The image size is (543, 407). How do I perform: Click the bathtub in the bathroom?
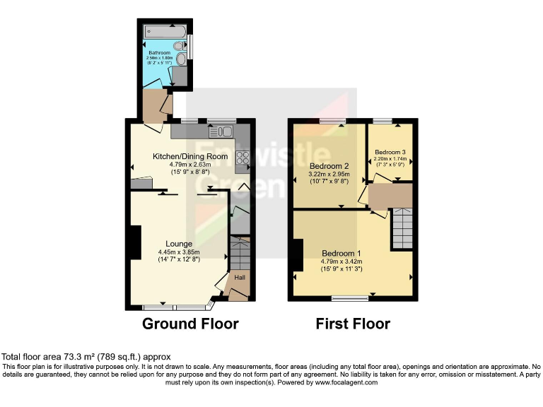point(164,31)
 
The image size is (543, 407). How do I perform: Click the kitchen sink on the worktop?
point(223,131)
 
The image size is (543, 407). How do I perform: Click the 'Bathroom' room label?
point(160,52)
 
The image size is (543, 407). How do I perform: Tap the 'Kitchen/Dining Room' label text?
point(190,156)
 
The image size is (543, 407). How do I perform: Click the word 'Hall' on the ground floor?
point(240,278)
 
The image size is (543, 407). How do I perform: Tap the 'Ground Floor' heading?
point(190,324)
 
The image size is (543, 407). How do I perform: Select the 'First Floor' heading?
point(353,324)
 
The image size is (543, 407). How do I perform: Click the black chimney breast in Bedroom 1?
point(298,255)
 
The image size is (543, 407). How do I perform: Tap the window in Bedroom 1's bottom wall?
point(351,299)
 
